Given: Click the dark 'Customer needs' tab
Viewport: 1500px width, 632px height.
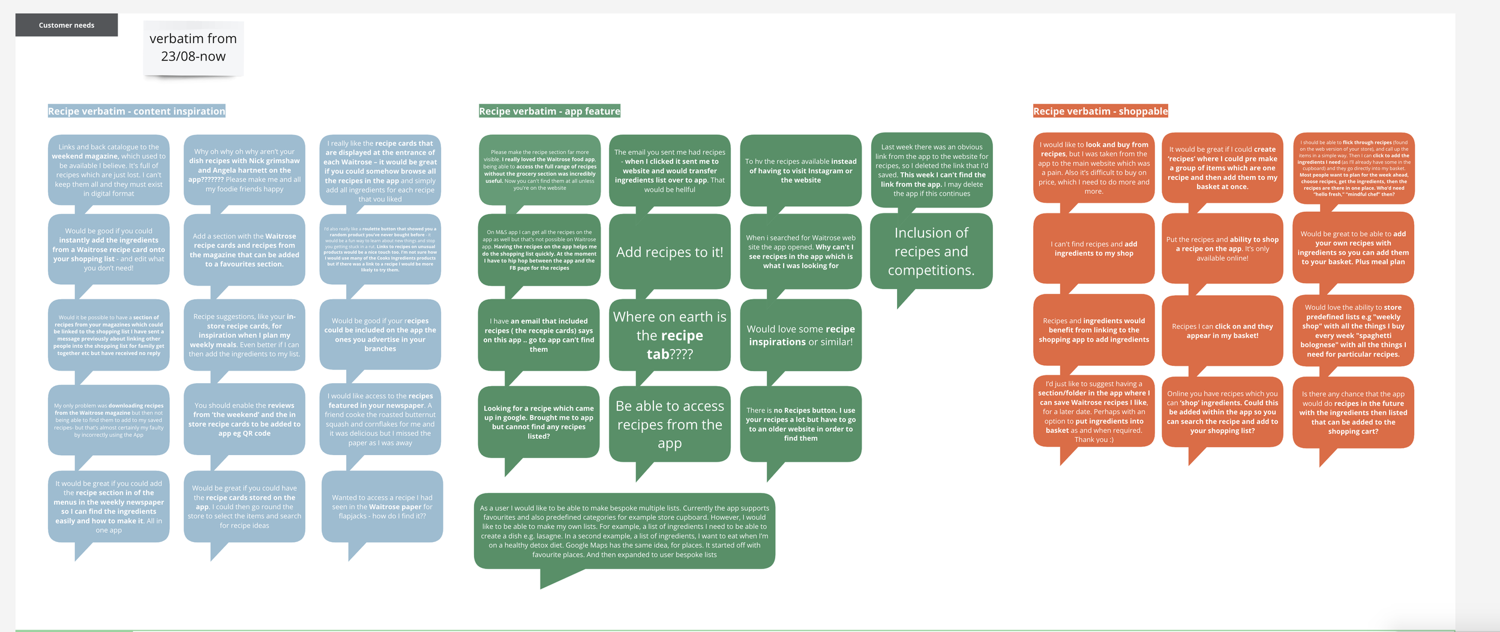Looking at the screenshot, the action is pyautogui.click(x=67, y=25).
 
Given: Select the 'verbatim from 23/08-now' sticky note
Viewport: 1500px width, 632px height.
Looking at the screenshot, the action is pyautogui.click(x=193, y=48).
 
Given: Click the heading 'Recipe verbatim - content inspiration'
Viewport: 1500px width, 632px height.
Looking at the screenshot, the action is pyautogui.click(x=137, y=111).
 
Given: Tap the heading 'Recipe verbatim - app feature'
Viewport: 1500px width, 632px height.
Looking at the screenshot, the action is pyautogui.click(x=550, y=111).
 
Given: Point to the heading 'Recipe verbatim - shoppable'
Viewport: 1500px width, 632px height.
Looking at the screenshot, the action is pyautogui.click(x=1100, y=111).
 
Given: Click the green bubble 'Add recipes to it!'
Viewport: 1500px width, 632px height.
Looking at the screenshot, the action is pyautogui.click(x=670, y=252).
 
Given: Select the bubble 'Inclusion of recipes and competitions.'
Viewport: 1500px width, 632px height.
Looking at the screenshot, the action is pyautogui.click(x=931, y=251).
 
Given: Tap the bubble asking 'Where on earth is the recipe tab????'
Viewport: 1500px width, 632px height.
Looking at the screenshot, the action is pyautogui.click(x=670, y=335).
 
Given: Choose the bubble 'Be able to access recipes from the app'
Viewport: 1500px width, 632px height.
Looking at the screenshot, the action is pyautogui.click(x=670, y=425).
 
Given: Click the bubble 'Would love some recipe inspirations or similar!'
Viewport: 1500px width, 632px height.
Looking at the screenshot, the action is pyautogui.click(x=800, y=335).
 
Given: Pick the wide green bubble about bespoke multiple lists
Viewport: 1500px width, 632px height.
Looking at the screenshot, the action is pyautogui.click(x=625, y=531).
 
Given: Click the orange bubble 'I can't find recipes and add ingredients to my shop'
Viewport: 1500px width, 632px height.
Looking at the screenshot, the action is pyautogui.click(x=1094, y=249).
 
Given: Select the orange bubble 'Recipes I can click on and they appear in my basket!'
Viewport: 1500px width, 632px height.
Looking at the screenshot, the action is pyautogui.click(x=1222, y=331).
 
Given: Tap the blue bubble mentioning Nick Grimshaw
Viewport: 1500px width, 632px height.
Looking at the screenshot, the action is pyautogui.click(x=244, y=170).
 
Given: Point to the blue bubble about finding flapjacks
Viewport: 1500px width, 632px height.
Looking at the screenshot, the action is pyautogui.click(x=382, y=507).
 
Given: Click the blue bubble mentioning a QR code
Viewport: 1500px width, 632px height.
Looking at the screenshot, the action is pyautogui.click(x=244, y=419).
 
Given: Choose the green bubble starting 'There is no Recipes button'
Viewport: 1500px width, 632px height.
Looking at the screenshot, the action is pyautogui.click(x=800, y=424).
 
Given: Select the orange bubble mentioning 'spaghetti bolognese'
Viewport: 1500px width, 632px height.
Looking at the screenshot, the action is pyautogui.click(x=1353, y=331).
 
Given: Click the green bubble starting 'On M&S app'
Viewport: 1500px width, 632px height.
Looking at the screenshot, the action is pyautogui.click(x=539, y=250).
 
